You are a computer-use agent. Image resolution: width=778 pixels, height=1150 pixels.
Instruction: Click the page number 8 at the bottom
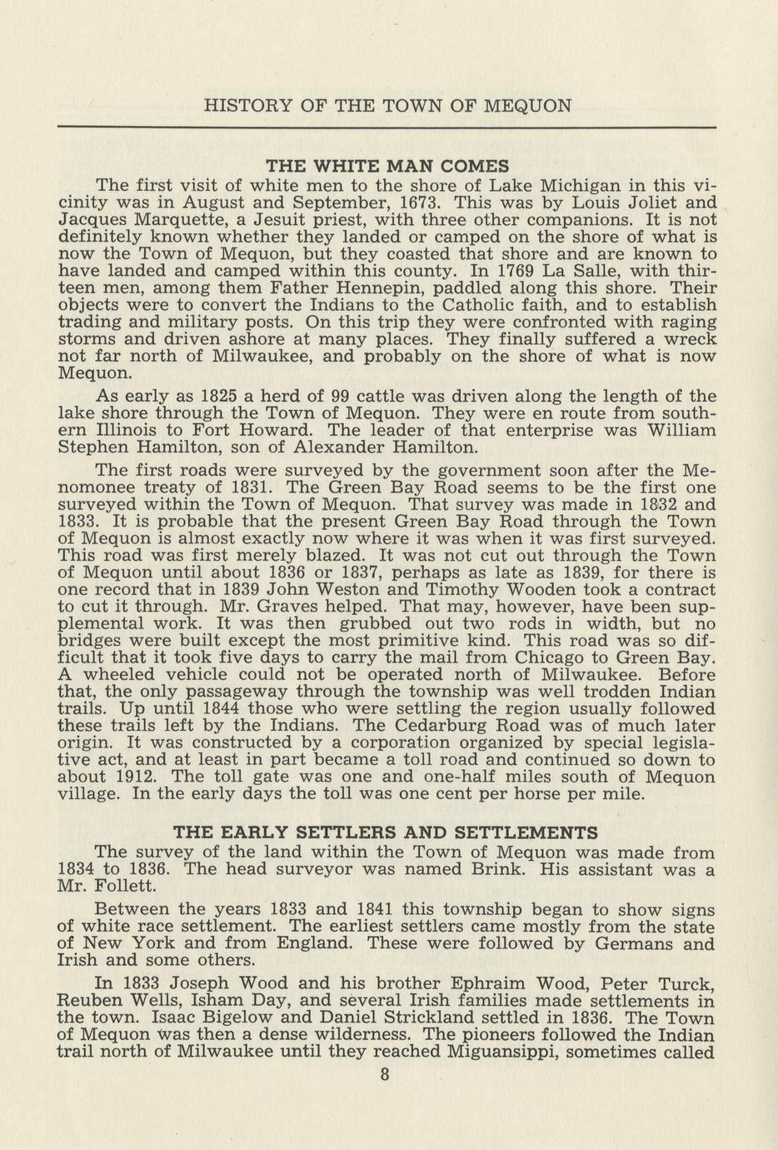click(x=384, y=1074)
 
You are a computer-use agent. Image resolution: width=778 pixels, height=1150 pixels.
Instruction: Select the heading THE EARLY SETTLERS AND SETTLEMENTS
click(x=385, y=832)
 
